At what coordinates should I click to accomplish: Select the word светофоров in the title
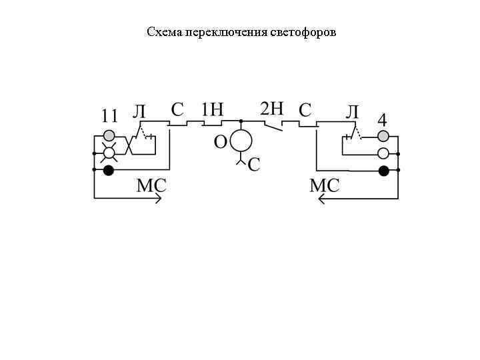[x=304, y=32]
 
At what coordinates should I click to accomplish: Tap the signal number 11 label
[x=109, y=116]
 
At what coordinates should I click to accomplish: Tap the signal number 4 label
[x=382, y=120]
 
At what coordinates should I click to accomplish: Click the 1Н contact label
[x=212, y=109]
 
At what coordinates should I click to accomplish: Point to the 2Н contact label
[x=272, y=109]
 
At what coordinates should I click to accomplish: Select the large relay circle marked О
[x=241, y=141]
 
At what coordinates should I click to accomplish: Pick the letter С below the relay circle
[x=254, y=165]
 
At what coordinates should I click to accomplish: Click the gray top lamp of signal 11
[x=109, y=136]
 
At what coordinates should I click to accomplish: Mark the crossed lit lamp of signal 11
[x=109, y=153]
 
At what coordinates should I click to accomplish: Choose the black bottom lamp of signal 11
[x=109, y=171]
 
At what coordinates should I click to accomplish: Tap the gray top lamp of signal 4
[x=383, y=137]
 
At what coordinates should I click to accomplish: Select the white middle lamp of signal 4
[x=383, y=153]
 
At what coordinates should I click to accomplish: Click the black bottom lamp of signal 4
[x=383, y=171]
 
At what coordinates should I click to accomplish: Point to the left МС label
[x=151, y=186]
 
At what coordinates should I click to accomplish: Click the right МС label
[x=325, y=186]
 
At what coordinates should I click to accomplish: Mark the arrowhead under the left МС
[x=157, y=198]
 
